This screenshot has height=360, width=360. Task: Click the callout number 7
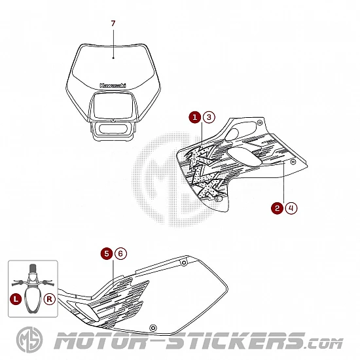coord(113,24)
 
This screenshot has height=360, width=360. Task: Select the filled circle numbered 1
coord(195,117)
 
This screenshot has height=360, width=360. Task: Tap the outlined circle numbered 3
coord(209,117)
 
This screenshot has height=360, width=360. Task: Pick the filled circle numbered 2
coord(278,208)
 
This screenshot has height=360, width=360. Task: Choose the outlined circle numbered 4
coord(291,208)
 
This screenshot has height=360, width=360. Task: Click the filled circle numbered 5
coord(107,253)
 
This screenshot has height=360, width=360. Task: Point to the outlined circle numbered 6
coord(120,253)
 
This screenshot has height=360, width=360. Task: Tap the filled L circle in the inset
coord(16,299)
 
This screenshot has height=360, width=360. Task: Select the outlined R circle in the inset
coord(50,299)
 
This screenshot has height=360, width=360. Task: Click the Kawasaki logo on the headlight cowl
coord(113,85)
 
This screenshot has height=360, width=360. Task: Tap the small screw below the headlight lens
coord(113,120)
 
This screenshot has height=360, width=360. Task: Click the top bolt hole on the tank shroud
coord(260,123)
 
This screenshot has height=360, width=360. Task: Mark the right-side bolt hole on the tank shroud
coord(293,162)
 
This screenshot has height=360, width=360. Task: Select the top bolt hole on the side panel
coord(184,262)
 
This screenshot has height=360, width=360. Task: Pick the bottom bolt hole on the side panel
coord(153,328)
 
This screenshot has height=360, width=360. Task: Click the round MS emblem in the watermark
coord(29,340)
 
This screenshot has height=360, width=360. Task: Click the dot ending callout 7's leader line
coord(113,58)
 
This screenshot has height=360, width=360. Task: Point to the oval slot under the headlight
coord(113,129)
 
